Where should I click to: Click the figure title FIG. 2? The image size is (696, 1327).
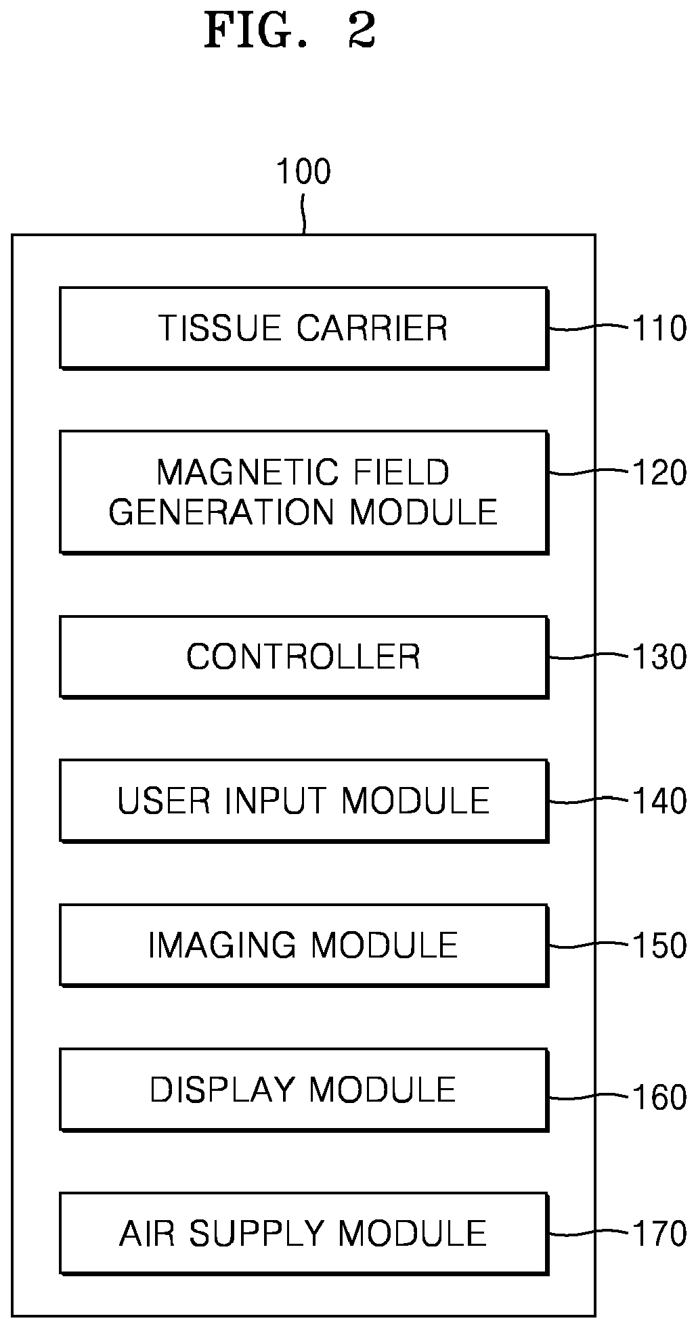tap(290, 31)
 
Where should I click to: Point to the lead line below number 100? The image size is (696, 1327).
tap(305, 215)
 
